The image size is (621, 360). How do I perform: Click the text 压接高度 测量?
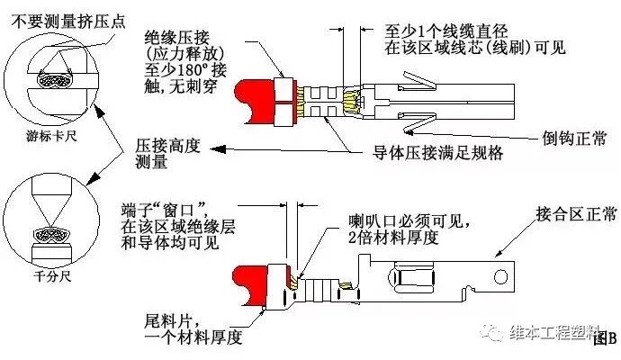pyautogui.click(x=163, y=152)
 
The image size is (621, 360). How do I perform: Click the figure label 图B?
pyautogui.click(x=607, y=338)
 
